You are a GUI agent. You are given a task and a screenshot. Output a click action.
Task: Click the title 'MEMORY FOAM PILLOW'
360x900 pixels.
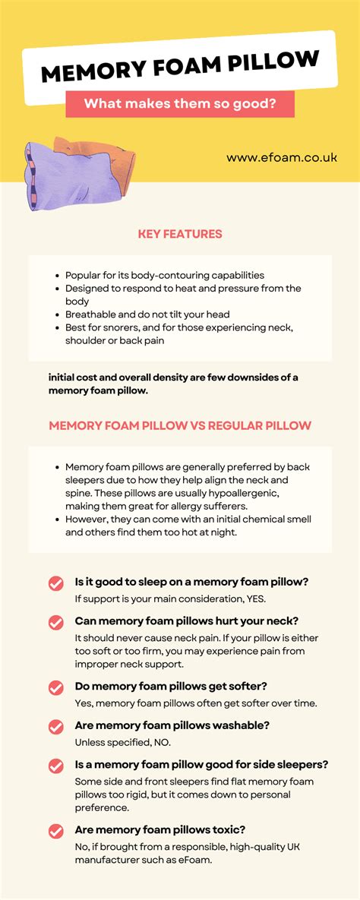pyautogui.click(x=179, y=68)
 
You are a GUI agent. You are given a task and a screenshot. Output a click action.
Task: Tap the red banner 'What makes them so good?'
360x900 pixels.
pyautogui.click(x=179, y=103)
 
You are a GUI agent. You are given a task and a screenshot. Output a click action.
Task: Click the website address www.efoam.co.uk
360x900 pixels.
pyautogui.click(x=281, y=158)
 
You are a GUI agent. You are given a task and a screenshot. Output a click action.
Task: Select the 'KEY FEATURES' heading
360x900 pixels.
pyautogui.click(x=180, y=234)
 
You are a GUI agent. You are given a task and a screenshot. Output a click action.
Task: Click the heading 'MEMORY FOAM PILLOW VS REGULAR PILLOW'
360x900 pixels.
pyautogui.click(x=180, y=425)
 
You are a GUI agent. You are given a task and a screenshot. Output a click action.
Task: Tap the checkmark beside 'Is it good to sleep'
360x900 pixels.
pyautogui.click(x=56, y=583)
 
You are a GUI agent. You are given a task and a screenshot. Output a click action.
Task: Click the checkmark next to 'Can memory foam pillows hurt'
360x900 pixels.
pyautogui.click(x=56, y=623)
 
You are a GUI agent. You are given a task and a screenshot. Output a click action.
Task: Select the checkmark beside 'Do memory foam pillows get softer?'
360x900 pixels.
pyautogui.click(x=56, y=687)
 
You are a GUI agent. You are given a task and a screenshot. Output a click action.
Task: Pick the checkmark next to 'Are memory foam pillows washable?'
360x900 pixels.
pyautogui.click(x=56, y=727)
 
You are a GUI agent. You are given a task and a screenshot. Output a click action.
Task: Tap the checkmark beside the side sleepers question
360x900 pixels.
pyautogui.click(x=56, y=766)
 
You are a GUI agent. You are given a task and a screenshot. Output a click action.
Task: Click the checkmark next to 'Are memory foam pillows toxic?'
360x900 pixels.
pyautogui.click(x=56, y=831)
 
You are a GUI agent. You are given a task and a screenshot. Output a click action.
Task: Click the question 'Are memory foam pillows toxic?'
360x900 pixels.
pyautogui.click(x=171, y=830)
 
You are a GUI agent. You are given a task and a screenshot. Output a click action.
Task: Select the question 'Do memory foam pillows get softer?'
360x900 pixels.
pyautogui.click(x=182, y=687)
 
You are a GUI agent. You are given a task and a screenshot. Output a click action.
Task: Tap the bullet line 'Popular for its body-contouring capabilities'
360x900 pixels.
pyautogui.click(x=164, y=275)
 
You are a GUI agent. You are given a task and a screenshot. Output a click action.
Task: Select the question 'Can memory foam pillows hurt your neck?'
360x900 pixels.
pyautogui.click(x=186, y=621)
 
